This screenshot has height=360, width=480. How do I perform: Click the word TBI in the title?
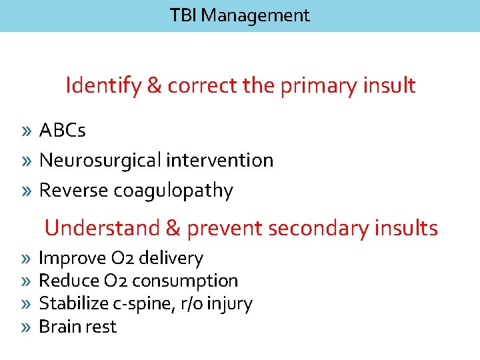pyautogui.click(x=183, y=15)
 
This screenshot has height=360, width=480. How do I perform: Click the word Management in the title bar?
pyautogui.click(x=255, y=15)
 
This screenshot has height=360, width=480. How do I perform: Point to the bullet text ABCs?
pyautogui.click(x=62, y=130)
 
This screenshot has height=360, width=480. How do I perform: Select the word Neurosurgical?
pyautogui.click(x=101, y=161)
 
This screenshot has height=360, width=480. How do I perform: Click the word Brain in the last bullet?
pyautogui.click(x=57, y=327)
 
